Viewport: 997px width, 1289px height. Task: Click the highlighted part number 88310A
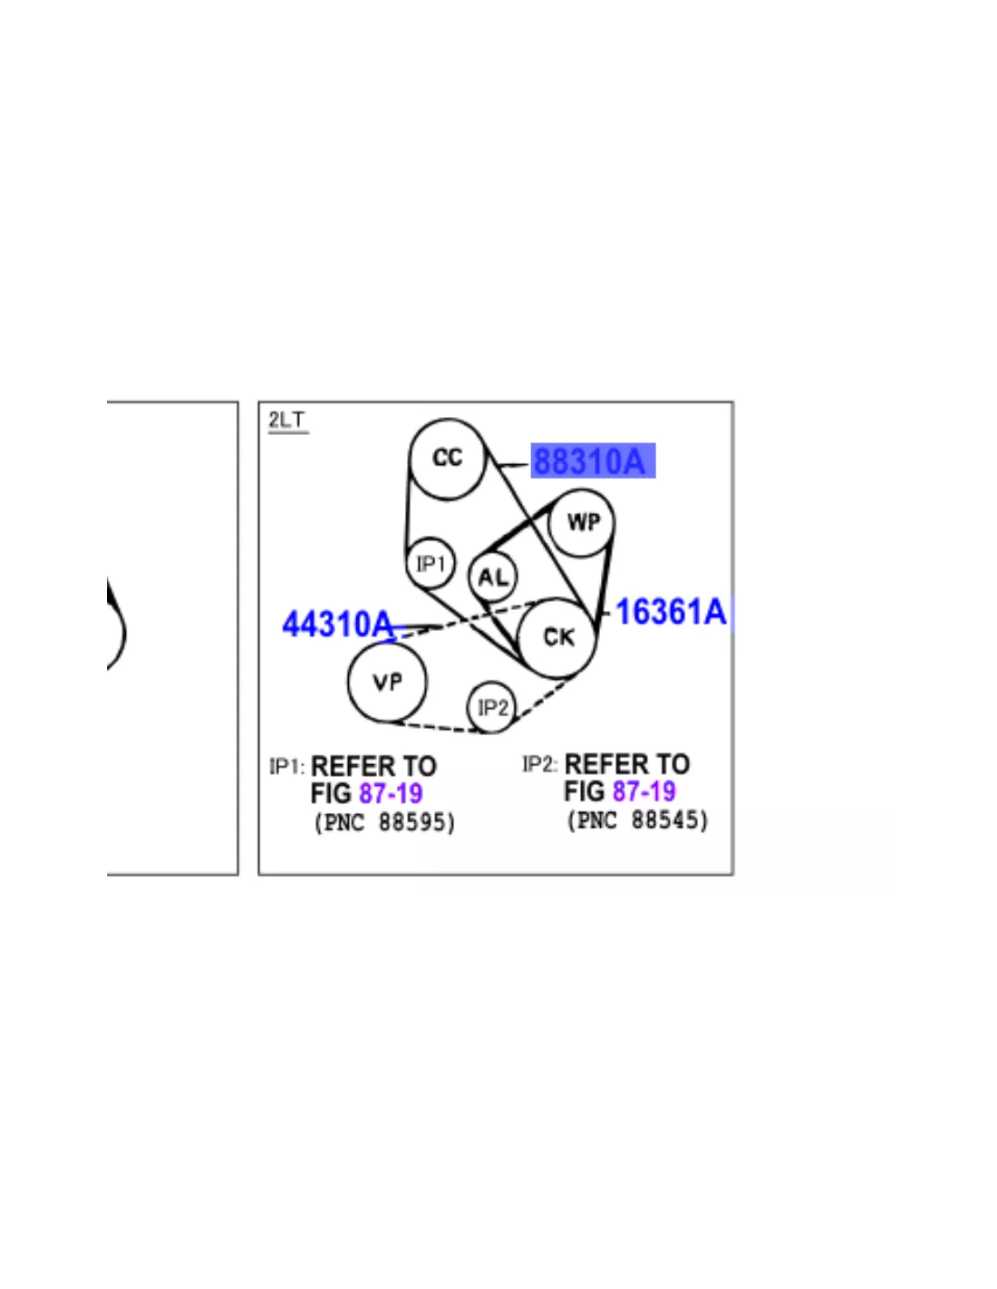[x=593, y=460]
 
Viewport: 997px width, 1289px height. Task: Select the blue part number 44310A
[x=337, y=624]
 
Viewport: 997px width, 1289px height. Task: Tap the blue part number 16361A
[x=671, y=612]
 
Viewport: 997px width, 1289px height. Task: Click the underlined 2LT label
[x=287, y=421]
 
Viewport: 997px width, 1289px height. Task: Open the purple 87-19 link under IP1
[x=391, y=793]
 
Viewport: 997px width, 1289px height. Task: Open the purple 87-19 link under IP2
[x=644, y=791]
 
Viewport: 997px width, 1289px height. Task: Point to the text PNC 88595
[x=385, y=823]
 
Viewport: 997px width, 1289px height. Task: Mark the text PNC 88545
[x=638, y=821]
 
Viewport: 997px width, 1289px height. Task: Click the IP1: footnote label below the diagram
[x=287, y=766]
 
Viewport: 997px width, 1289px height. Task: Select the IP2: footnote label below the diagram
[x=539, y=765]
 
